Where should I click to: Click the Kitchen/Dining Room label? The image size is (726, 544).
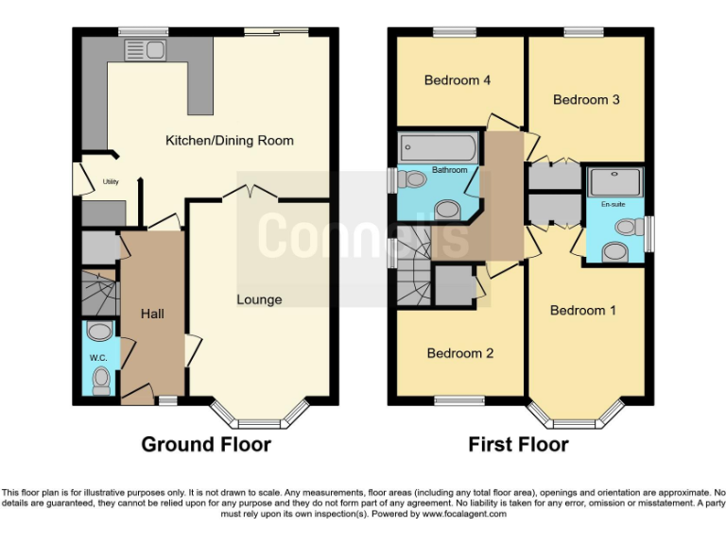230,141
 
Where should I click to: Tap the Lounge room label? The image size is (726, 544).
259,299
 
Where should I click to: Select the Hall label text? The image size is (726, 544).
152,313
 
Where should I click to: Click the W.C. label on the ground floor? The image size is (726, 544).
99,358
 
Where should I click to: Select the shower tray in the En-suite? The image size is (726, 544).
614,181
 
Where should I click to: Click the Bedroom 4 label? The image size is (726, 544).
458,80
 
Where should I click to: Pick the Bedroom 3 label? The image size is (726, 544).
586,99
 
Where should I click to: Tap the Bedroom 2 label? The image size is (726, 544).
460,353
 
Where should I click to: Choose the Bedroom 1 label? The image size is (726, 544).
583,310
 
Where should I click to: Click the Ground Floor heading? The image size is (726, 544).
206,444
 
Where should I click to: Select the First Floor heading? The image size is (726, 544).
518,444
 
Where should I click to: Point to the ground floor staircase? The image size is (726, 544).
95,293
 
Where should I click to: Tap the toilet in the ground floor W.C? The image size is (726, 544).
100,380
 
